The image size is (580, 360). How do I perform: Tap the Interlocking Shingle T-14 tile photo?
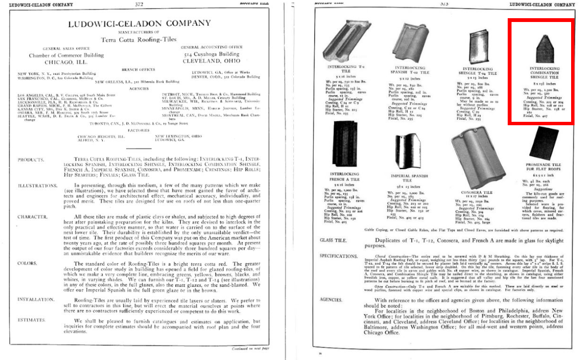tap(477, 47)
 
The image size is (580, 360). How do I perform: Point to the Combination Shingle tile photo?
tap(544, 48)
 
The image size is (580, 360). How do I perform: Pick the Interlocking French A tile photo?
tap(344, 145)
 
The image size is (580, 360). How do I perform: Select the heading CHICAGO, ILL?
tap(66, 62)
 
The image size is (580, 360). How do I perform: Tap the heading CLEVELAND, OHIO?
tap(211, 60)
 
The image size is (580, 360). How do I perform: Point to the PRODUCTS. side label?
tap(31, 160)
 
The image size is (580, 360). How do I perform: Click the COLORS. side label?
tap(28, 263)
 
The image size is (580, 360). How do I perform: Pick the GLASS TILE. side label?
tap(334, 240)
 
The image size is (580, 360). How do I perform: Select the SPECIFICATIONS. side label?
tap(339, 256)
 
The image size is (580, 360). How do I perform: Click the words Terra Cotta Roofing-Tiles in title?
tap(138, 40)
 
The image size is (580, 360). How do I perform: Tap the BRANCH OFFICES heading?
tap(138, 69)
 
